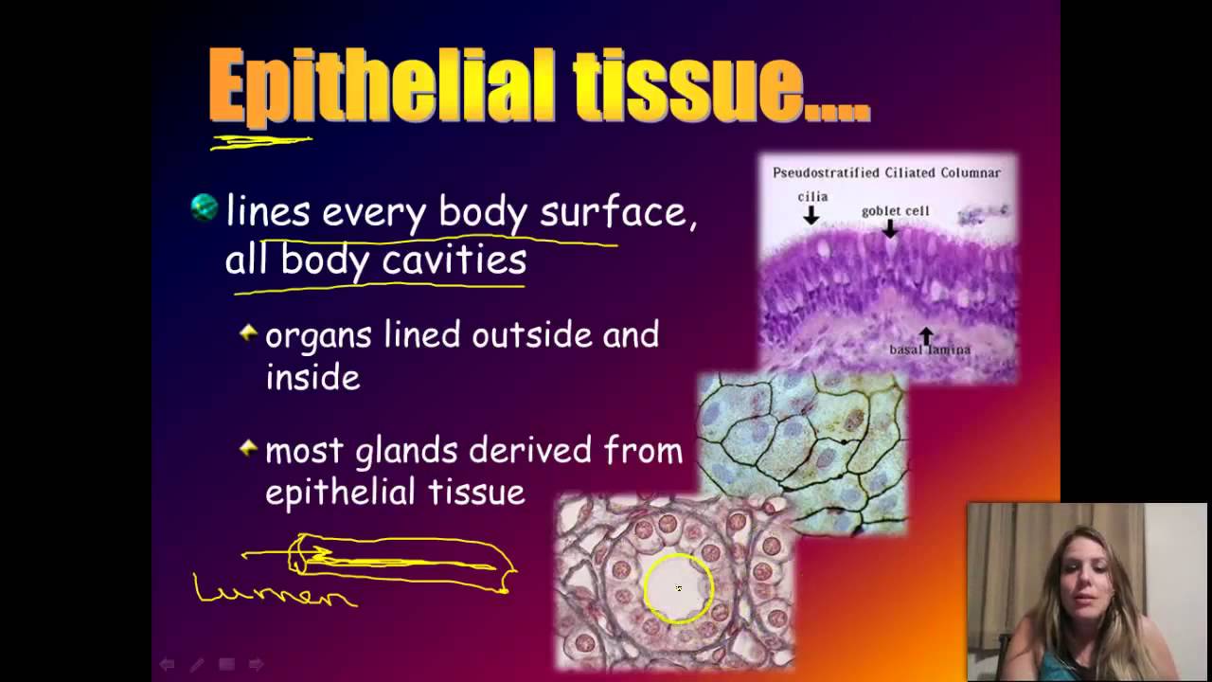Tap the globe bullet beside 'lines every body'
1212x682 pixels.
pos(205,207)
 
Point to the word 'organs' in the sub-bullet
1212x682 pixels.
pos(319,336)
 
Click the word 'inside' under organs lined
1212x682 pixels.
pos(312,377)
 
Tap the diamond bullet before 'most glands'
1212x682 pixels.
pos(248,448)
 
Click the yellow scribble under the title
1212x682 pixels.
pos(260,142)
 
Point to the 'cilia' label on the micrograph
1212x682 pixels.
pos(811,197)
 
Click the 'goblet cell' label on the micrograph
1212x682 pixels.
pos(895,210)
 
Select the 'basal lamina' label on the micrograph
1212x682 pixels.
pos(929,350)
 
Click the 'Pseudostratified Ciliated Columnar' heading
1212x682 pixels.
pos(886,172)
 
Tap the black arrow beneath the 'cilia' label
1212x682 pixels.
pos(811,216)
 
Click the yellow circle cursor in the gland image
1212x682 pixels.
pos(678,588)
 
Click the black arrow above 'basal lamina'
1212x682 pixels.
pos(926,334)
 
